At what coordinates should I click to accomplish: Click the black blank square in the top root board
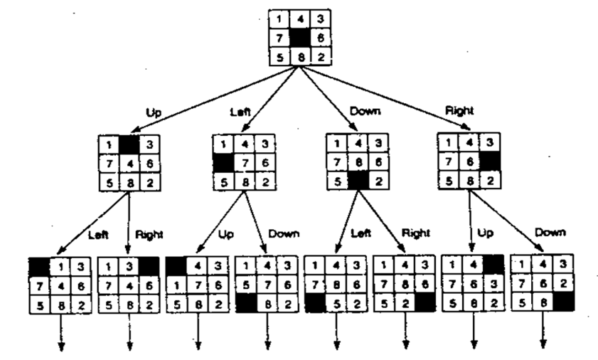click(x=300, y=38)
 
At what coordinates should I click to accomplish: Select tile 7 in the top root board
click(x=281, y=38)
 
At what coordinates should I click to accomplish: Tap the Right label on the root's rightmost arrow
click(x=459, y=112)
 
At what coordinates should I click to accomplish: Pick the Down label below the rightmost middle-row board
click(x=551, y=232)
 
